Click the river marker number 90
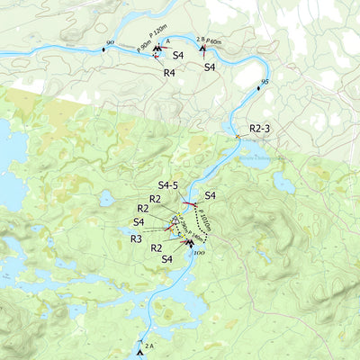coord(110,42)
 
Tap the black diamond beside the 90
coord(103,49)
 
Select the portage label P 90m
coord(144,46)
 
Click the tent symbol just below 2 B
coord(202,48)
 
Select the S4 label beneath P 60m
coord(209,67)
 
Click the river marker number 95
coord(264,82)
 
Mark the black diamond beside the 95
coord(258,88)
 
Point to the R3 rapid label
coord(136,238)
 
